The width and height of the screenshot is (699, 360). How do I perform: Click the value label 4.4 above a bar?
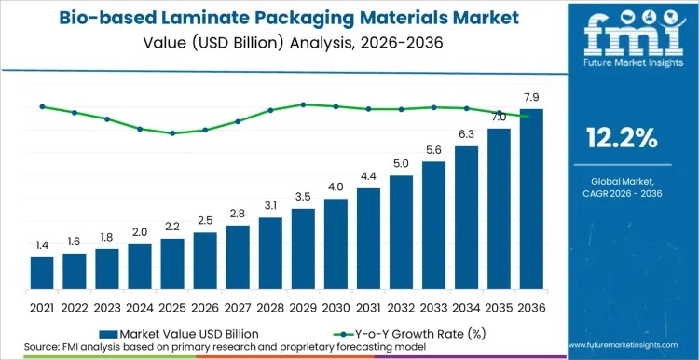point(368,176)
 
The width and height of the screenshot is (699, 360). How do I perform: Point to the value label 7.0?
point(499,117)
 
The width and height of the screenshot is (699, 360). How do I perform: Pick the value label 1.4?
point(42,245)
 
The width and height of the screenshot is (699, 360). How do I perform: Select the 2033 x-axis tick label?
point(433,306)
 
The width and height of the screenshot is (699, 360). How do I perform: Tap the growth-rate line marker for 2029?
point(303,104)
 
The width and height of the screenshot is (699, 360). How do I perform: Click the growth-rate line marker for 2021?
point(42,106)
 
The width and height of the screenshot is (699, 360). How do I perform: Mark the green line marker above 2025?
point(172,133)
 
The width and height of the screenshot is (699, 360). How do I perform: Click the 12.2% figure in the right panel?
point(622,138)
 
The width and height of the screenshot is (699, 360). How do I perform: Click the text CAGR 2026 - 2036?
point(622,193)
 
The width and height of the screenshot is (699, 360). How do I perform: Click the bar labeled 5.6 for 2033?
point(433,224)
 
